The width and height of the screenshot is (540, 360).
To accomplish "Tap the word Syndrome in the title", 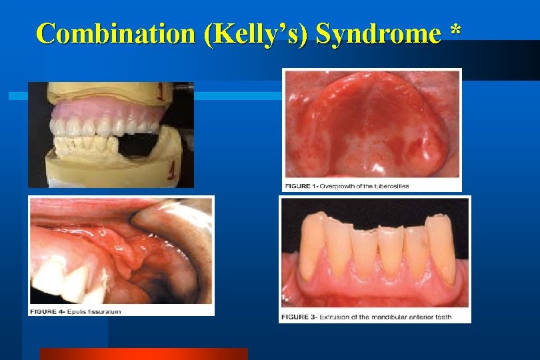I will tap(378, 33).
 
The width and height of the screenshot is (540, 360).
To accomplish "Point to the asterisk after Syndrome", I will tap(455, 30).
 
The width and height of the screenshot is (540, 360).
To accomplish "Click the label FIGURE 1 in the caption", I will tap(301, 185).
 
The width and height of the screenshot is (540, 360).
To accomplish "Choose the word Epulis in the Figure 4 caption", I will tap(79, 311).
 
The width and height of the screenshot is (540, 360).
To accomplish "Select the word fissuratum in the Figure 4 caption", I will tap(106, 311).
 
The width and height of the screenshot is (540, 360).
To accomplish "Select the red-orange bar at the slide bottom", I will tap(143, 353).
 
